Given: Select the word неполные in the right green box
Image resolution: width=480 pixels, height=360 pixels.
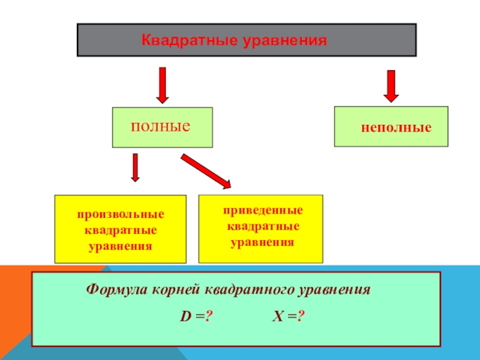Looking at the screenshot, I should (x=396, y=128).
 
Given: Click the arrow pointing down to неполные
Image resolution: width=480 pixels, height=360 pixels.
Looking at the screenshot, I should (x=391, y=85).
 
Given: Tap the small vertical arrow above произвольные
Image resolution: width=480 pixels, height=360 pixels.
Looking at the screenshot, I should (x=136, y=167).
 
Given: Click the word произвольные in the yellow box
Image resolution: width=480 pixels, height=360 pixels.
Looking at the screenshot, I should (x=120, y=214).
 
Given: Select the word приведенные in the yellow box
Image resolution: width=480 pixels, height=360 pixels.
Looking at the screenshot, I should (x=263, y=211).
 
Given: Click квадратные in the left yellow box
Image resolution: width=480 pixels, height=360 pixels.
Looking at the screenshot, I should (x=120, y=230).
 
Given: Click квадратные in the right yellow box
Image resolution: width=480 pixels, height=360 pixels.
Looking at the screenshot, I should (x=263, y=227).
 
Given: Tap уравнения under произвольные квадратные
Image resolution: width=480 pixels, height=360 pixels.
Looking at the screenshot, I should (x=120, y=246).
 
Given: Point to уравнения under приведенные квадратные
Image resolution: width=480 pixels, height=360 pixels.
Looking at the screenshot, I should (x=263, y=243).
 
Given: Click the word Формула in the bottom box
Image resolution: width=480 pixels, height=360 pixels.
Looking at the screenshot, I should (x=113, y=289).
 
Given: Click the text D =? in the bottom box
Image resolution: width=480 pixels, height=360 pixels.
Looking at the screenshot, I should (x=197, y=316).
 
